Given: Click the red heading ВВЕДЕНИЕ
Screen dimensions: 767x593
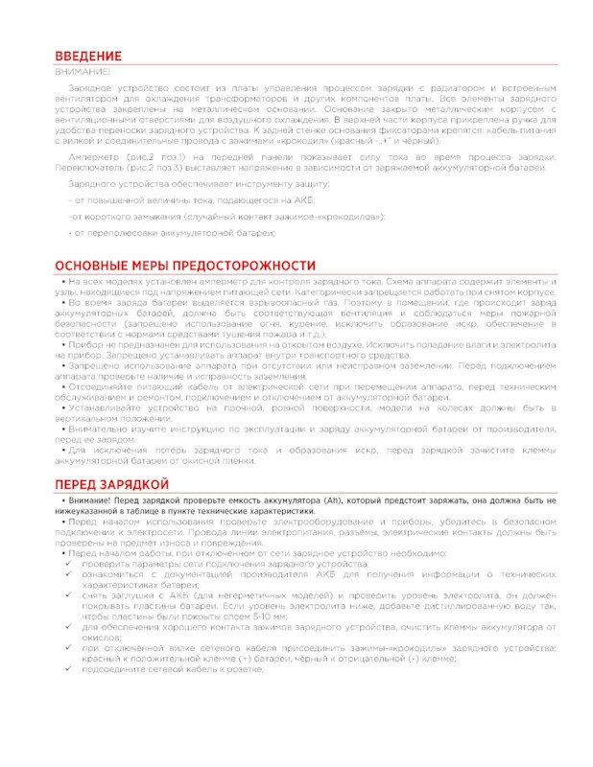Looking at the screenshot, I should pyautogui.click(x=88, y=57).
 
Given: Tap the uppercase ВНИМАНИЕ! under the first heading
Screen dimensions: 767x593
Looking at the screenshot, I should pyautogui.click(x=80, y=72).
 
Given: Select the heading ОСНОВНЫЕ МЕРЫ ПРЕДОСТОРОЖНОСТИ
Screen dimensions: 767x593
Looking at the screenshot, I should pyautogui.click(x=185, y=265).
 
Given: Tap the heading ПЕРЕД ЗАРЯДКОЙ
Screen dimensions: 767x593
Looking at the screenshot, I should pyautogui.click(x=112, y=483).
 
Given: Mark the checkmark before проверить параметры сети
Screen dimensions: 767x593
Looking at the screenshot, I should pyautogui.click(x=67, y=565).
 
